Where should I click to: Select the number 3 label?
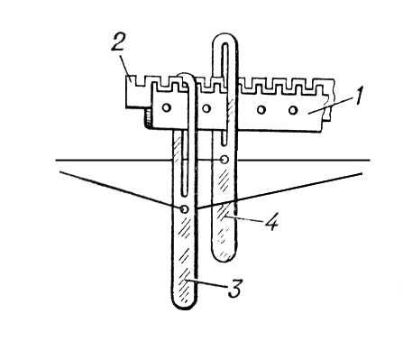tap(234, 288)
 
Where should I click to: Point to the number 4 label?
tap(272, 222)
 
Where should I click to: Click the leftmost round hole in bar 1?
tap(166, 107)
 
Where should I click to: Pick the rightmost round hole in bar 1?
tap(293, 110)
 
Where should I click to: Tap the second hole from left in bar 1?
tap(206, 108)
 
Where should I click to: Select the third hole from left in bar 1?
tap(261, 110)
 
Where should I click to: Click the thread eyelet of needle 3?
tap(185, 208)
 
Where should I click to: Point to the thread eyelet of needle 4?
tap(224, 160)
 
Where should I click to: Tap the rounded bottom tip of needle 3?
tap(184, 306)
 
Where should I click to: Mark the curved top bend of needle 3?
tap(187, 76)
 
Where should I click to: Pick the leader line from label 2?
tap(125, 66)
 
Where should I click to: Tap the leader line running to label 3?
tap(206, 283)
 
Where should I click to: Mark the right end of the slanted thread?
tap(362, 173)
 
